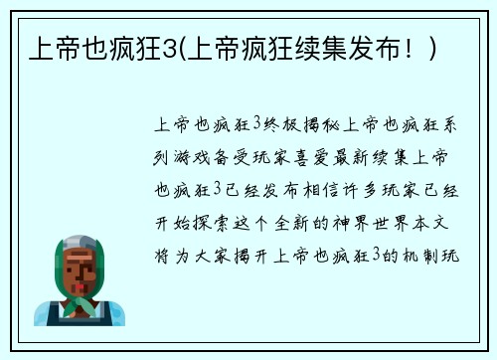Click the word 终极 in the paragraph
279,125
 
